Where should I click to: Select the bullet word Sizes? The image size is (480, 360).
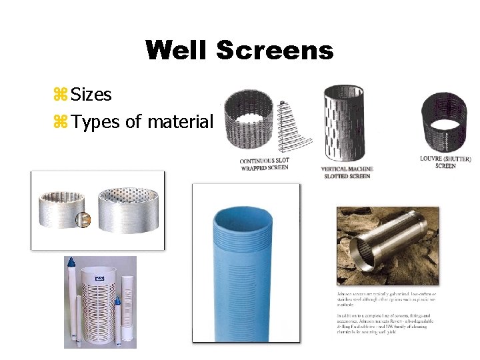tap(91, 95)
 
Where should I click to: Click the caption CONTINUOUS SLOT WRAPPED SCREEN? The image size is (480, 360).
tap(265, 165)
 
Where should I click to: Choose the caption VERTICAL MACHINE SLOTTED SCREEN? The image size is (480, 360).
tap(347, 172)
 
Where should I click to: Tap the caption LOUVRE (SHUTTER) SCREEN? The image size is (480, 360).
tap(445, 162)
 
